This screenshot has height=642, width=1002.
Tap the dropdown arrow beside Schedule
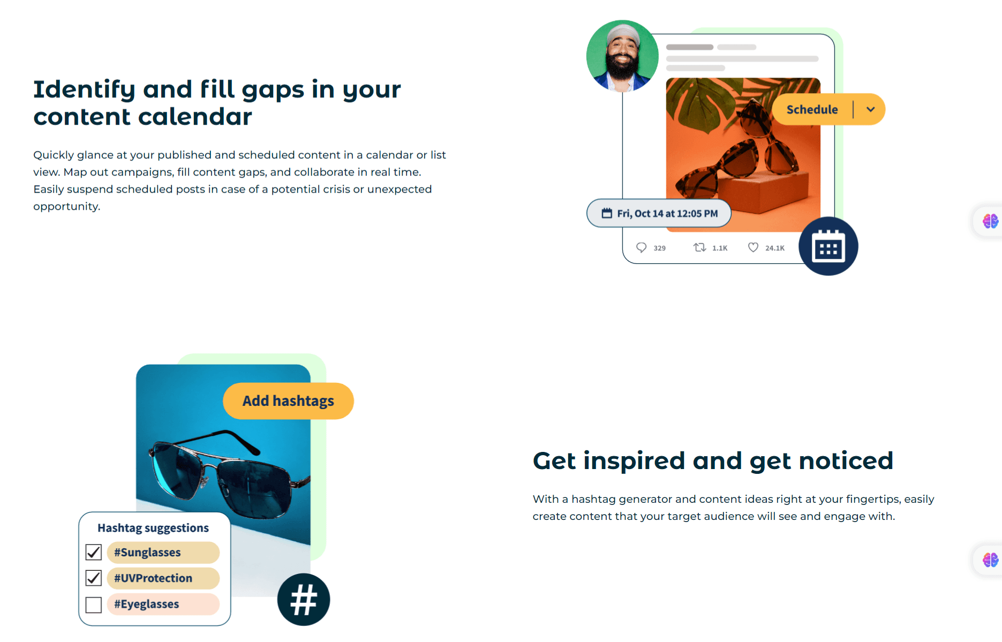coord(871,109)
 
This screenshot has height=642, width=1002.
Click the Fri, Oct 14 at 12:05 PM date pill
coord(659,213)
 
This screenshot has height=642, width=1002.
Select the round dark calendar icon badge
coord(828,246)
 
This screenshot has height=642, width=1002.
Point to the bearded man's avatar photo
coord(622,56)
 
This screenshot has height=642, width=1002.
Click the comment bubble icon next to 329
coord(641,247)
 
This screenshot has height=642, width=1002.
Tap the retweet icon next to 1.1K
coord(699,247)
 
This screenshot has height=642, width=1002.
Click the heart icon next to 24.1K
coord(753,247)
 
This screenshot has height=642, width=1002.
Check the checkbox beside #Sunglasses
coord(94,552)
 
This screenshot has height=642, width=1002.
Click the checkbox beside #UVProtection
coord(94,578)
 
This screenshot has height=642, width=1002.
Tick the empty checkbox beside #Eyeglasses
coord(94,605)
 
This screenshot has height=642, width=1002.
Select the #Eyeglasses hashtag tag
coord(163,604)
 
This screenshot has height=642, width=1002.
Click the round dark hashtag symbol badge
coord(304,600)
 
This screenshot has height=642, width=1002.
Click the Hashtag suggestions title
coord(153,528)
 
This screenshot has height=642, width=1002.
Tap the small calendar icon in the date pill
coord(607,213)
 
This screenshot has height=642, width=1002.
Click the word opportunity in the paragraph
coord(66,207)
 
